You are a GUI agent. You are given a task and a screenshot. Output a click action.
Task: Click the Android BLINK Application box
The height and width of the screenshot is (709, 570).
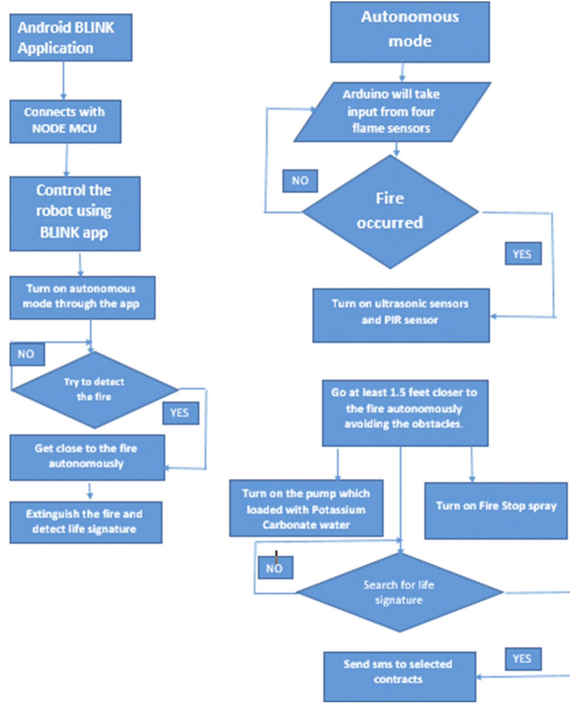[x=71, y=38]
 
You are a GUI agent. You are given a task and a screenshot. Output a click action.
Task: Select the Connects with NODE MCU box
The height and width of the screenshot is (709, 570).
[x=65, y=121]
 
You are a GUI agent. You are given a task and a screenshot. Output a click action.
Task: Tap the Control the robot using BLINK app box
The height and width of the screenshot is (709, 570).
[x=75, y=214]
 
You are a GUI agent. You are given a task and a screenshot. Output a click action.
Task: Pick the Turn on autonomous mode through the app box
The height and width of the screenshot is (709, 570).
[x=82, y=298]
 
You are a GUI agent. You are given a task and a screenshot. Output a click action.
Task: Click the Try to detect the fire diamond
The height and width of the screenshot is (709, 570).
[x=94, y=389]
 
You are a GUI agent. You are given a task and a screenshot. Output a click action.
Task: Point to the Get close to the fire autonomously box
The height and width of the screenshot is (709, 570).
[x=87, y=457]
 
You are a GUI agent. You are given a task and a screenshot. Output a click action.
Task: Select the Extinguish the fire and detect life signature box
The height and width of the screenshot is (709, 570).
[x=85, y=522]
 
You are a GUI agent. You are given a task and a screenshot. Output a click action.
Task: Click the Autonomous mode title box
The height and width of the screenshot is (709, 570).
[x=410, y=32]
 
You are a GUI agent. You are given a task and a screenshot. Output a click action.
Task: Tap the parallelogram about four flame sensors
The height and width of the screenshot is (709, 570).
[x=392, y=112]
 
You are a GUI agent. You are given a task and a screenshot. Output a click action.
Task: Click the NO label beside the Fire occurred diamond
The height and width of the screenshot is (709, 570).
[x=300, y=181]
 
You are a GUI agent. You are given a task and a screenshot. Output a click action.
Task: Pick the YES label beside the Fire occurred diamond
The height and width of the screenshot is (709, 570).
[x=523, y=254]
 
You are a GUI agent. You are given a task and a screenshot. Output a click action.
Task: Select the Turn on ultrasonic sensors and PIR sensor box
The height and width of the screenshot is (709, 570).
[x=401, y=315]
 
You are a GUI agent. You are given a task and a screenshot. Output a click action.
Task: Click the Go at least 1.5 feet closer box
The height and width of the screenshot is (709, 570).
[x=405, y=413]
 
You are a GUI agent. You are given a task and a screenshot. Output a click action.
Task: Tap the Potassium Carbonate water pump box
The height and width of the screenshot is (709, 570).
[x=306, y=508]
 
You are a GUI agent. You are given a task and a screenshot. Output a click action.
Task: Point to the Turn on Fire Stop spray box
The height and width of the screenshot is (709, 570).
[x=496, y=511]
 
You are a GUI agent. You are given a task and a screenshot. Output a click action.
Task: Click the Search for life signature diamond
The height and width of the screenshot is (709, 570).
[x=399, y=592]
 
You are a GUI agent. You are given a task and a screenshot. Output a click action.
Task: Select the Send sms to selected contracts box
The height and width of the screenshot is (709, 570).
[x=399, y=676]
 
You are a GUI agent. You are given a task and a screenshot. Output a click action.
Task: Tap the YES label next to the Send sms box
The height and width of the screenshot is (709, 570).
[x=523, y=658]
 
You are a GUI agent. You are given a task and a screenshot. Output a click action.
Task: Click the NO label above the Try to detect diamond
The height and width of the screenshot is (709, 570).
[x=26, y=354]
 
